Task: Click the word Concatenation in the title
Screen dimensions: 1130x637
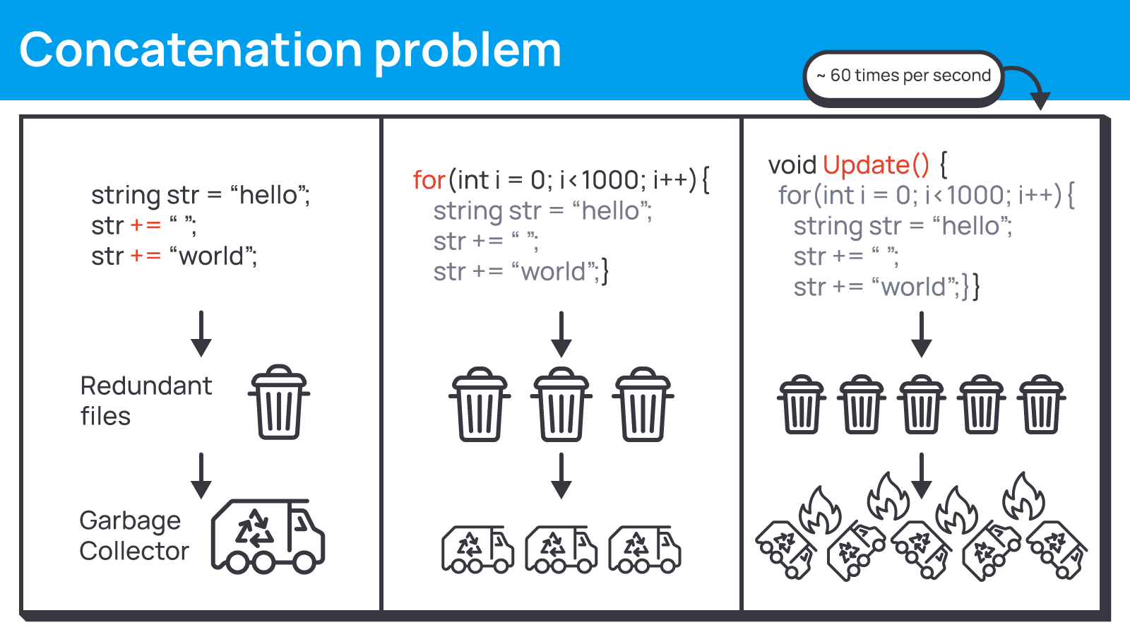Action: [191, 49]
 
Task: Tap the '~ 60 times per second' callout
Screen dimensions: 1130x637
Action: [903, 78]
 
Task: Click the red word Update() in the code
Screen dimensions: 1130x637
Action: [876, 165]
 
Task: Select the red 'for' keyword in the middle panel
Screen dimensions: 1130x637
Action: [429, 180]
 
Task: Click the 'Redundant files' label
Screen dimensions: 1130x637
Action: [146, 401]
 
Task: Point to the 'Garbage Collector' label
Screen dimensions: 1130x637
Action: [134, 535]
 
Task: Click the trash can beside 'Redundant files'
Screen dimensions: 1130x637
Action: [279, 402]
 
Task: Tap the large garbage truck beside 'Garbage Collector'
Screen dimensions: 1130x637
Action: [268, 537]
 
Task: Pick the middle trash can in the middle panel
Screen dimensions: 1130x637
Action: [561, 405]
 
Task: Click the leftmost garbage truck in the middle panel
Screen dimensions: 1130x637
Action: [477, 549]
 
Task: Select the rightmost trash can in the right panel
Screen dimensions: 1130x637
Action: [1041, 405]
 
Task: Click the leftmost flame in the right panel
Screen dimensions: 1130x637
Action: [820, 510]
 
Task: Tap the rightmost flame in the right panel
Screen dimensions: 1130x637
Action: [1023, 496]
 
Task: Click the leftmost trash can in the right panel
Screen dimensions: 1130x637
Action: [802, 405]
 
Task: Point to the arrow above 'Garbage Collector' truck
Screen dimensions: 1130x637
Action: [201, 475]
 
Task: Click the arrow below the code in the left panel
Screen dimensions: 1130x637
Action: [201, 334]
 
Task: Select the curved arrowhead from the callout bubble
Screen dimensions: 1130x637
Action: [1040, 101]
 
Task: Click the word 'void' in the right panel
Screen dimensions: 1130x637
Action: [792, 165]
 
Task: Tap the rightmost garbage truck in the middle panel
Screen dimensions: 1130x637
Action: [645, 549]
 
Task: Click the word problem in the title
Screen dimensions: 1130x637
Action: [468, 52]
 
